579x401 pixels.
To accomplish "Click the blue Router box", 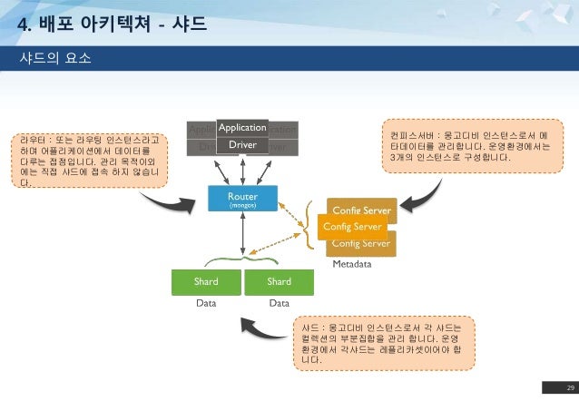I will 242,200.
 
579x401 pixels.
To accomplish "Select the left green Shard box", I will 206,281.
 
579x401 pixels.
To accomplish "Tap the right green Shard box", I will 279,281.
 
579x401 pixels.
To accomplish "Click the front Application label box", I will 241,128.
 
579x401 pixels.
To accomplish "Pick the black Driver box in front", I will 241,145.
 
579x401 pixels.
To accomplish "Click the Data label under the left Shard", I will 206,306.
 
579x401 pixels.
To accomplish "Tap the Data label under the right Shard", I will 279,306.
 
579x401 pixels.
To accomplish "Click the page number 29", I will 559,388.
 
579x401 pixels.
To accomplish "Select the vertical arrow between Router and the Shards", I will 242,238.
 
